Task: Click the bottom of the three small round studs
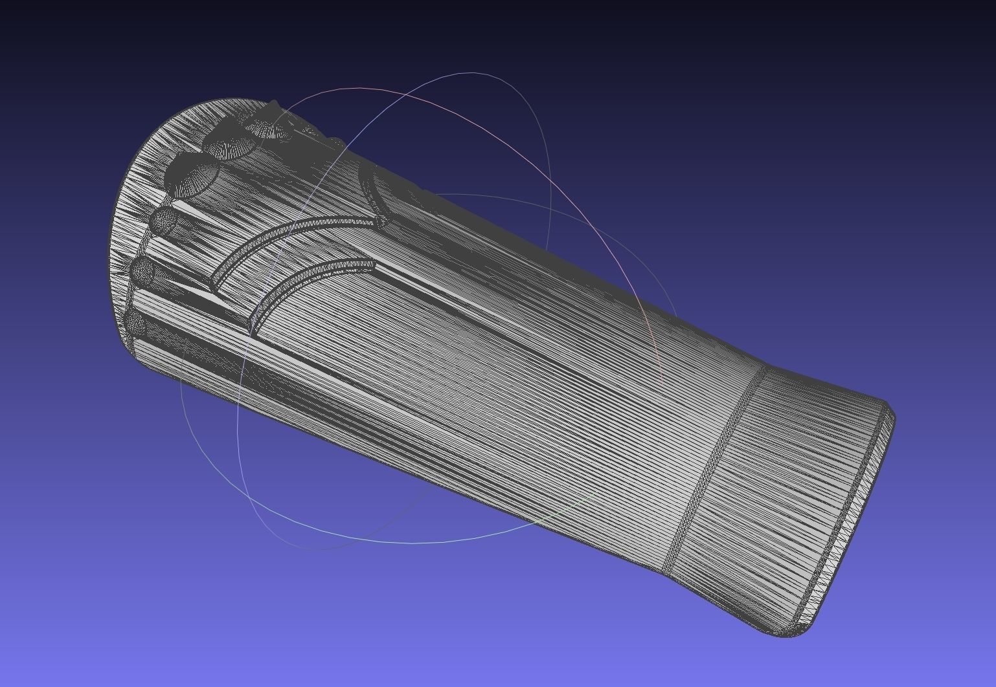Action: point(136,322)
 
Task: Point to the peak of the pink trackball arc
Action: point(363,87)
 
